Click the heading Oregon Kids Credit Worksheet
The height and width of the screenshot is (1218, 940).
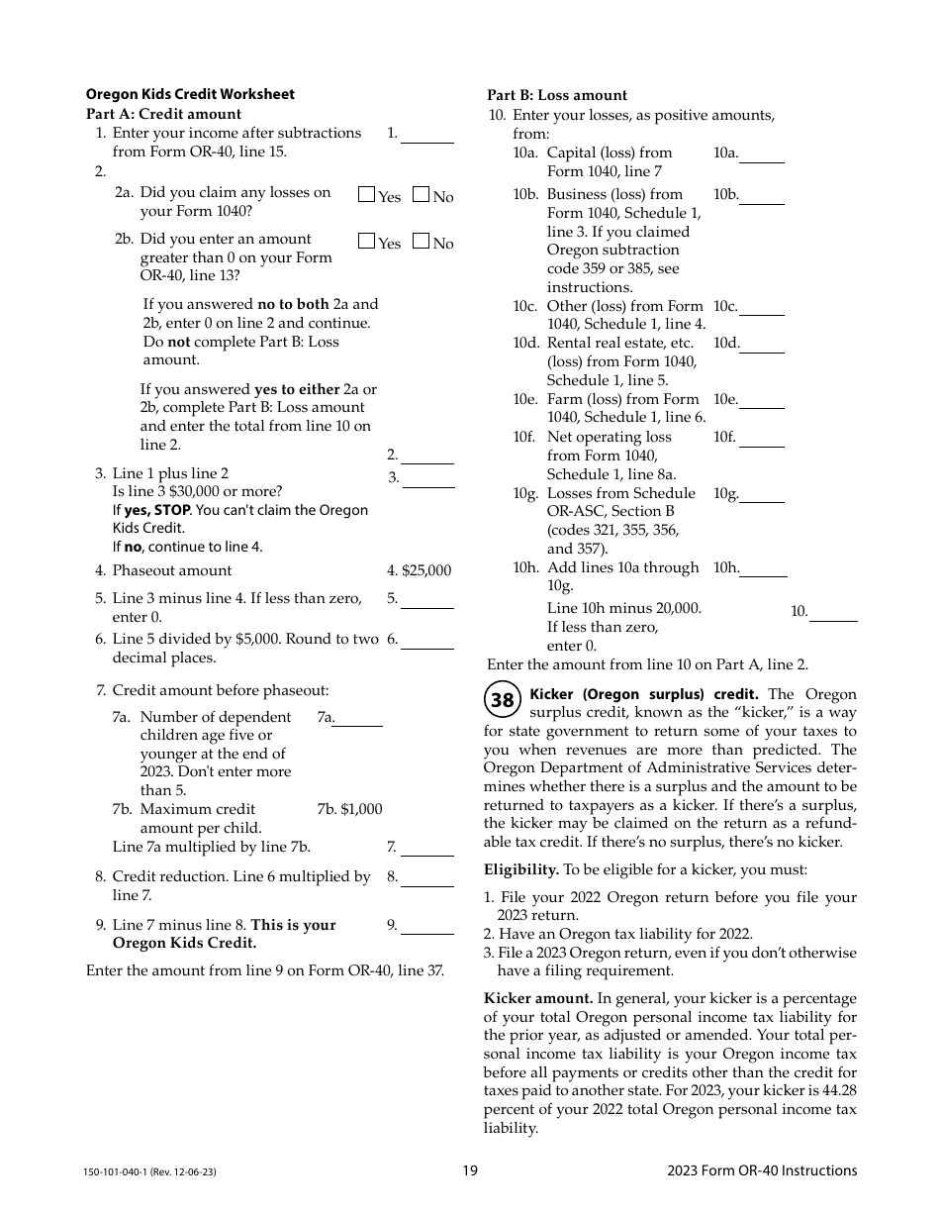click(190, 95)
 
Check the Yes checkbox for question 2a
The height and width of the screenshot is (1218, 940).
click(366, 195)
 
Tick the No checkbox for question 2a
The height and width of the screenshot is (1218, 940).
click(421, 195)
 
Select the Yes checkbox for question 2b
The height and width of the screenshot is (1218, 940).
click(366, 241)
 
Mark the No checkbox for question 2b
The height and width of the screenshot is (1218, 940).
click(421, 241)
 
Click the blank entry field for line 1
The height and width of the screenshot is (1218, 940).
click(427, 135)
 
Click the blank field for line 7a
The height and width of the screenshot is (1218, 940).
click(358, 718)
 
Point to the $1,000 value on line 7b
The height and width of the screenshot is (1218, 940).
click(360, 810)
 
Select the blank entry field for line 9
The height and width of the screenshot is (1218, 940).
click(427, 926)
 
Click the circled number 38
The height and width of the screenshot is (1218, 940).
click(503, 700)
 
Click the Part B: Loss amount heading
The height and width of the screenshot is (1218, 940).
click(557, 96)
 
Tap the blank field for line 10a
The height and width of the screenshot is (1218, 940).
click(762, 154)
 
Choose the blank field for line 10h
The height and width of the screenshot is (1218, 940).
click(764, 568)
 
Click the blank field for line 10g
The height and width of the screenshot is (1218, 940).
click(762, 494)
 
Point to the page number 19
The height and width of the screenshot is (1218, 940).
click(470, 1170)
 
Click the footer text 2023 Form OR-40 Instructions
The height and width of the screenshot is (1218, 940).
click(762, 1170)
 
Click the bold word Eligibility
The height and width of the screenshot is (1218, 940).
click(521, 870)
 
